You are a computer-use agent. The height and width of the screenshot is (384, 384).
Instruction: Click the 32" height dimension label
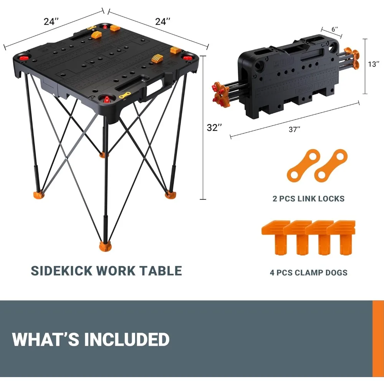point(214,128)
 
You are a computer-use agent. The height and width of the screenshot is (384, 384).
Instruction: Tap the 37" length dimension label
point(294,129)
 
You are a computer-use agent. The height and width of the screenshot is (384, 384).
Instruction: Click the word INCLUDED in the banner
point(127,340)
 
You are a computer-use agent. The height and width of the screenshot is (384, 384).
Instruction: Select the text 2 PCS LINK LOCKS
point(308,199)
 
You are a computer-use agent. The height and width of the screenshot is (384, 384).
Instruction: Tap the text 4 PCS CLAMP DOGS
point(308,273)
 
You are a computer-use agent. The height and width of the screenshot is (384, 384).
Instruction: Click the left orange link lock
point(303,166)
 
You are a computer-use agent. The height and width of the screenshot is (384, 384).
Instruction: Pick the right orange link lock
point(331,166)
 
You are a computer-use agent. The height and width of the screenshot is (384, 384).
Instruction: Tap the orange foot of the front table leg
point(104,245)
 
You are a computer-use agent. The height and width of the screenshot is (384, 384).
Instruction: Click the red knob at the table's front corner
point(106,99)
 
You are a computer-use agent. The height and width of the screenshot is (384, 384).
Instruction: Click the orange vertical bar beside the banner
point(378,339)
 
